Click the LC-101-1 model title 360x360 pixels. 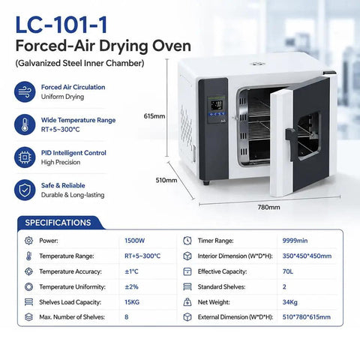[x=61, y=25]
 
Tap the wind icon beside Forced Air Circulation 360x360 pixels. [x=25, y=91]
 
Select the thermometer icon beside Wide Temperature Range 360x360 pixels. [x=25, y=124]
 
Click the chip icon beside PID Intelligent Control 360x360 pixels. [x=25, y=157]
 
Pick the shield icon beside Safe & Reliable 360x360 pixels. [x=25, y=190]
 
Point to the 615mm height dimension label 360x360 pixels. [x=154, y=116]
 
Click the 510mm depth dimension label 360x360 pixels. [x=166, y=180]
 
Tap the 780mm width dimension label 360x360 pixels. [x=268, y=207]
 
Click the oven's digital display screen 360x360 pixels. [x=217, y=105]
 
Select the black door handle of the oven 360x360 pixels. [x=292, y=143]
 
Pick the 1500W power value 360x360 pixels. [x=134, y=241]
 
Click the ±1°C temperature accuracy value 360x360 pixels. [x=131, y=271]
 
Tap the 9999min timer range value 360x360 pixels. [x=295, y=241]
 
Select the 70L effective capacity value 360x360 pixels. [x=288, y=271]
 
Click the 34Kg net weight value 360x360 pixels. [x=290, y=302]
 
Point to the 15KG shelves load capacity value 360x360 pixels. [x=132, y=302]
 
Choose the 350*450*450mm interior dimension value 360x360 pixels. [x=307, y=256]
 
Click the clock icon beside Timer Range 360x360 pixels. [x=187, y=241]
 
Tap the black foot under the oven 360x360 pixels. [x=206, y=183]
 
